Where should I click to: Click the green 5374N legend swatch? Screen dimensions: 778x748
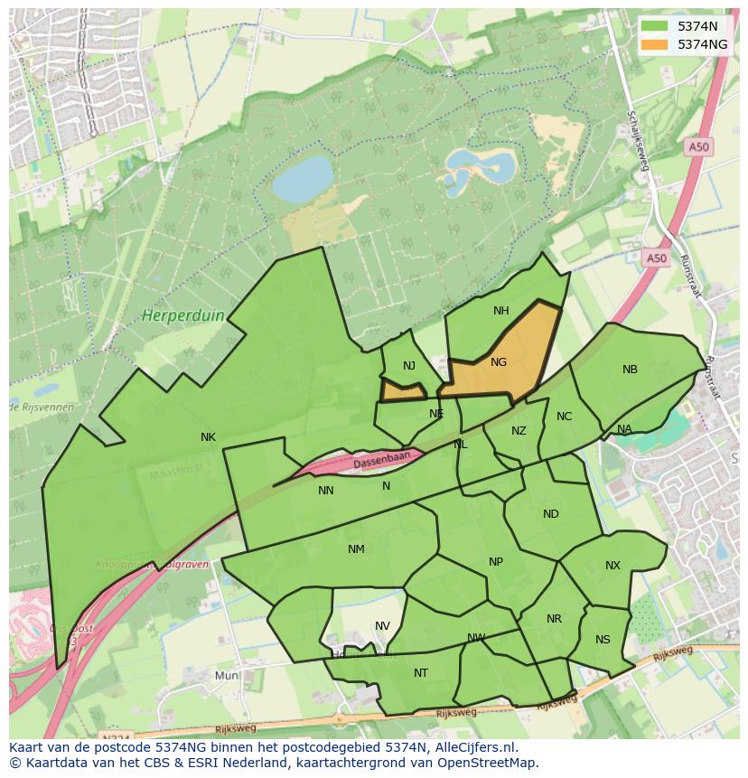[x=656, y=26]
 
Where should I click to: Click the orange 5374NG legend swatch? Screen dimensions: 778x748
[x=656, y=44]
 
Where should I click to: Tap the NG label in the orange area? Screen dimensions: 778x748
[x=499, y=362]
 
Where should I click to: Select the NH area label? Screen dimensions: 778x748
[x=501, y=311]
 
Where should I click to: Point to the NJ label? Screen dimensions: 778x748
[x=409, y=366]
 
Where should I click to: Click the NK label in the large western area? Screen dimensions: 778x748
[x=209, y=437]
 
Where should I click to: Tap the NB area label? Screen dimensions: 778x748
[x=630, y=370]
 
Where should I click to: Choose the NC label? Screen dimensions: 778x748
[x=564, y=417]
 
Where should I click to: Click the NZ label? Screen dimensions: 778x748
[x=519, y=431]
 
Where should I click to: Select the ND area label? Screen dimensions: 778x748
[x=551, y=514]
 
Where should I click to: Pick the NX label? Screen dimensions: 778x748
[x=612, y=566]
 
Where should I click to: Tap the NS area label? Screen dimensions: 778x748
[x=603, y=640]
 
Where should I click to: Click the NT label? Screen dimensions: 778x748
[x=421, y=673]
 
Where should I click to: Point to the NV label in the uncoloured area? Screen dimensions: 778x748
[x=382, y=626]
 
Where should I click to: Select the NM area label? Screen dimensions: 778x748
[x=356, y=549]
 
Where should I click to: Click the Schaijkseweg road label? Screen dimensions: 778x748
[x=638, y=140]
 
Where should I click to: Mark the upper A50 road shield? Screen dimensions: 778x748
[x=697, y=146]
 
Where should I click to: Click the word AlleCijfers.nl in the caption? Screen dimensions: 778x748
[x=474, y=747]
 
